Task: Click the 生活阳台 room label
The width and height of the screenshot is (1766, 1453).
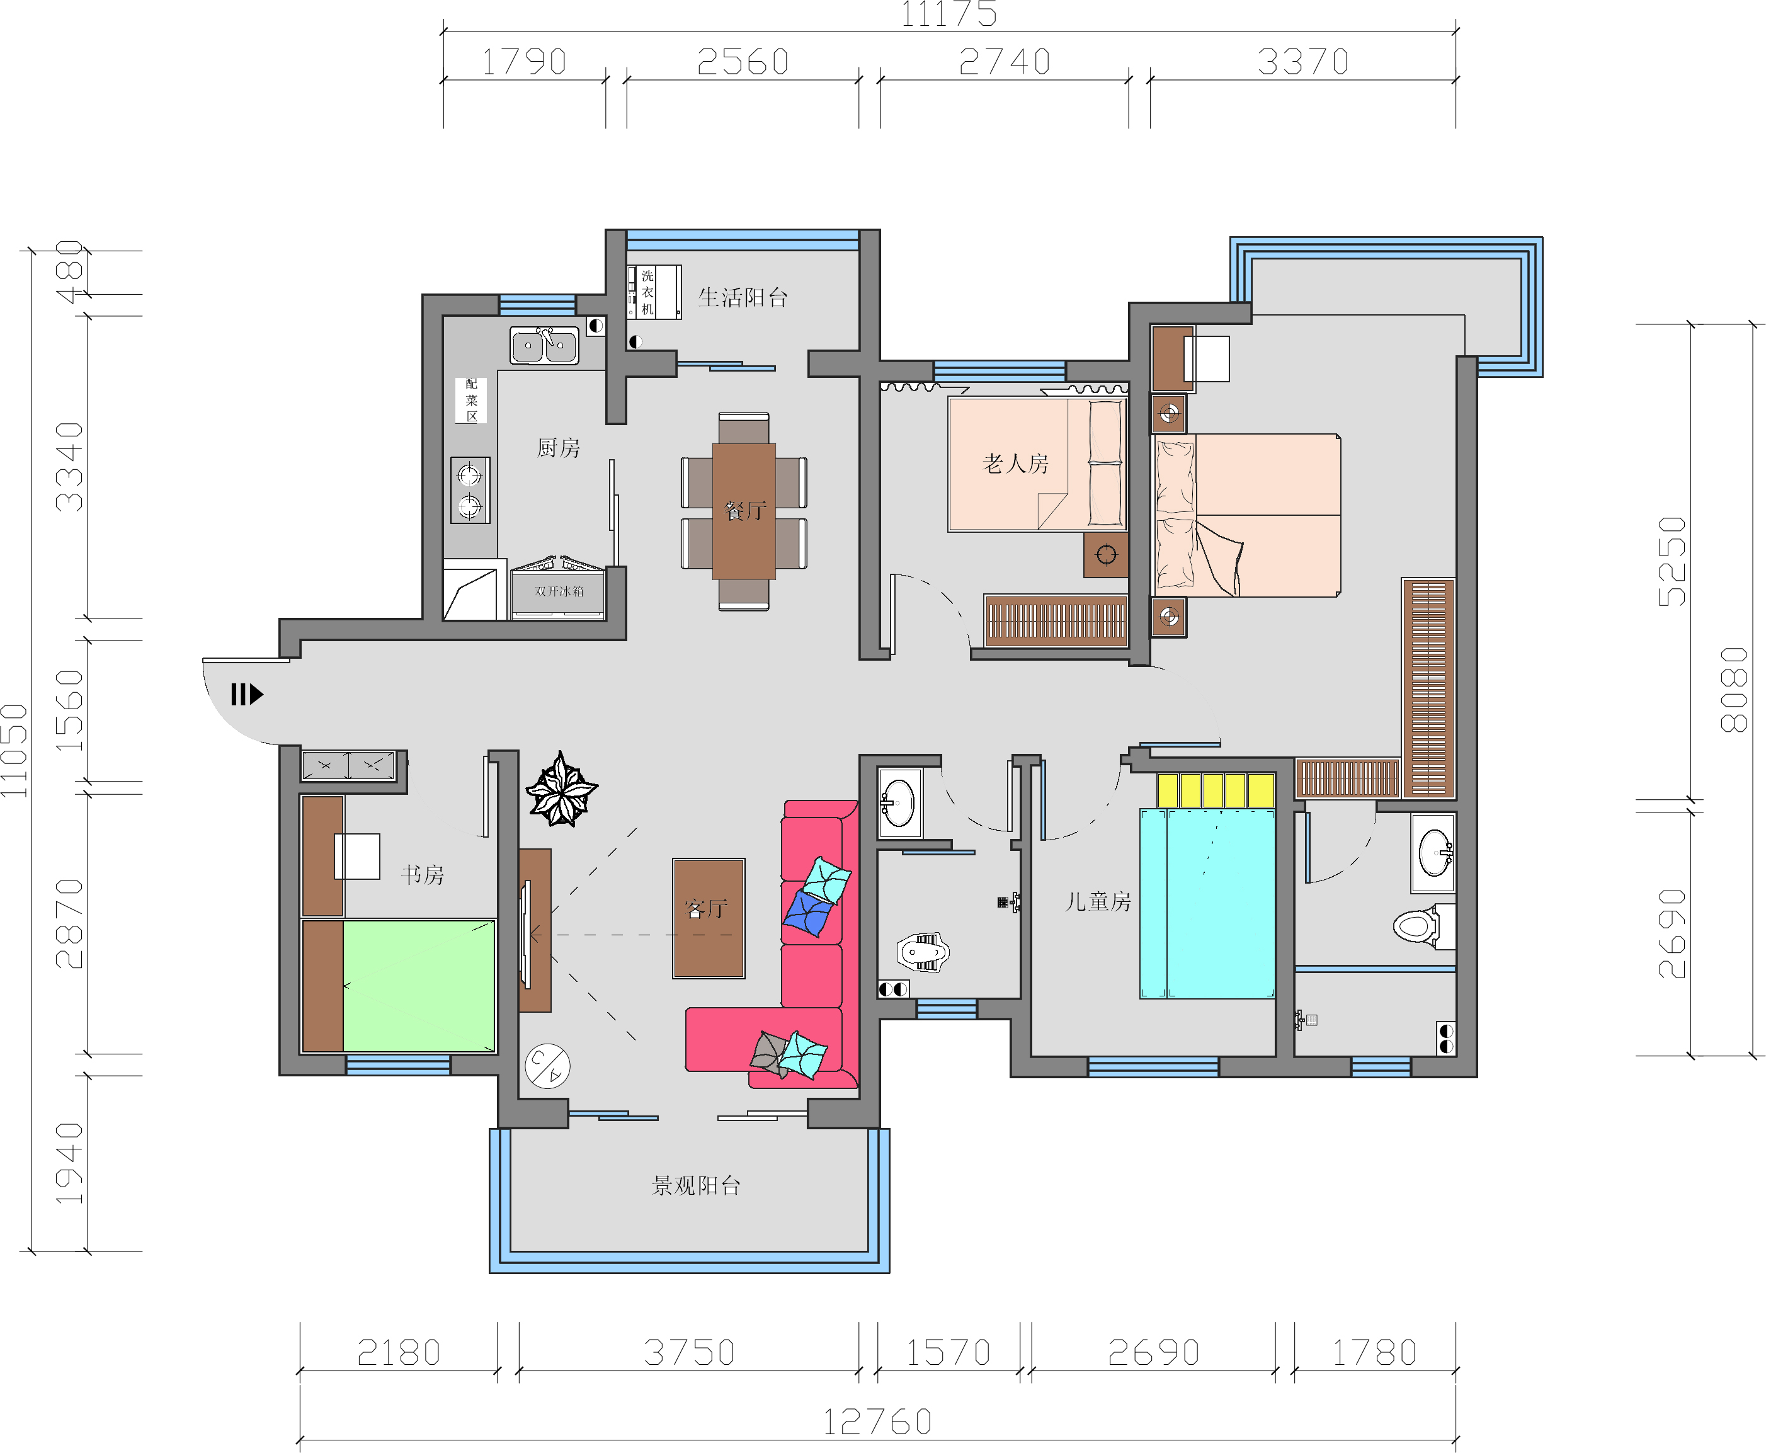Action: point(743,297)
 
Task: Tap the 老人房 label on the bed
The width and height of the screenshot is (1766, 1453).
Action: point(1015,464)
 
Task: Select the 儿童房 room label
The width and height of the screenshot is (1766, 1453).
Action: point(1098,901)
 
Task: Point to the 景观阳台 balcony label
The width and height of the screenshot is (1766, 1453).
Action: point(697,1185)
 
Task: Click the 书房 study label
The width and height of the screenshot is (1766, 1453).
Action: point(422,875)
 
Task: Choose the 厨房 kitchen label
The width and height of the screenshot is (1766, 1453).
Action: point(558,448)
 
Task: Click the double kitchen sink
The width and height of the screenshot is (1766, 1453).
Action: point(544,345)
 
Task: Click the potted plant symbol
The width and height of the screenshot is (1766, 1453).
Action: point(561,789)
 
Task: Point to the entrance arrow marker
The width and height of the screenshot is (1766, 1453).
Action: point(247,694)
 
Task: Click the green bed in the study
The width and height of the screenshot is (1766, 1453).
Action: point(418,985)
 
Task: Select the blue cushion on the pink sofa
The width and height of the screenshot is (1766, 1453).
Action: point(807,913)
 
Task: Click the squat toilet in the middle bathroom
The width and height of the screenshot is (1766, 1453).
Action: point(923,952)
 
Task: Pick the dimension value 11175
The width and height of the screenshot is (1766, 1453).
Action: point(949,14)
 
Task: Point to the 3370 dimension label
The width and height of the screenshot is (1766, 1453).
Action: point(1303,62)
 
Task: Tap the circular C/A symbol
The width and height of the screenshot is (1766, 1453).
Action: point(547,1066)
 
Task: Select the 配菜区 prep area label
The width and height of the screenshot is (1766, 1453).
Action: point(471,400)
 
